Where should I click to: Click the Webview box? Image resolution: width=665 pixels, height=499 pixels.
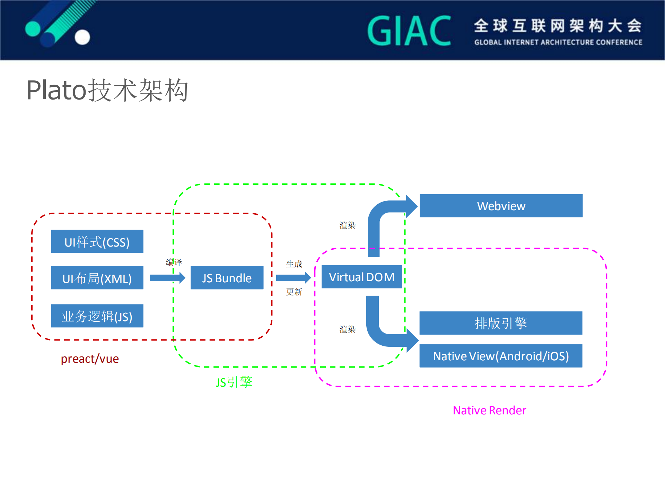(501, 206)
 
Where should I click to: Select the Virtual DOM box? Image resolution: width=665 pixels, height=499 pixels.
(361, 277)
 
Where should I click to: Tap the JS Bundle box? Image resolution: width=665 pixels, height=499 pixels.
(227, 278)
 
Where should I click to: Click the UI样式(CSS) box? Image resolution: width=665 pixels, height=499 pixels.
(97, 242)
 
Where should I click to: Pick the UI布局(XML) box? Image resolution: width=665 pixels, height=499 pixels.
(97, 278)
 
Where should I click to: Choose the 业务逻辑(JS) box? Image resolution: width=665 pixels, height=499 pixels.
(97, 316)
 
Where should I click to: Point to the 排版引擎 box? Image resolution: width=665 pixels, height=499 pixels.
(501, 323)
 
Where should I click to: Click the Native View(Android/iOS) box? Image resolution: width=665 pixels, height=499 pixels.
(501, 356)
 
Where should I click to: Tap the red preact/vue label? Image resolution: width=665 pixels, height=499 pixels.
(90, 359)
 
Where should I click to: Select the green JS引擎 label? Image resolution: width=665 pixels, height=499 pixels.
(234, 382)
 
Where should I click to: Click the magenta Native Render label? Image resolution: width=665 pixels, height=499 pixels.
(489, 410)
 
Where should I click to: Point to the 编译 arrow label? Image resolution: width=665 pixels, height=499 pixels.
(174, 262)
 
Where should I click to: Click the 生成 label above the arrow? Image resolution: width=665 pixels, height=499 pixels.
(294, 264)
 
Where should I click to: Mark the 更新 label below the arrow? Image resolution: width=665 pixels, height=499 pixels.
(294, 292)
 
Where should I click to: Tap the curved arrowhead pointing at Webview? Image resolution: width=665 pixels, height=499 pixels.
(411, 206)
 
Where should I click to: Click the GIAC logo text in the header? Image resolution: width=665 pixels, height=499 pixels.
(409, 31)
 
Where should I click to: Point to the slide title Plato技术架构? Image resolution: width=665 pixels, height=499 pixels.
(107, 90)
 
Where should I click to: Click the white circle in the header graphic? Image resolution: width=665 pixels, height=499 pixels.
(82, 37)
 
